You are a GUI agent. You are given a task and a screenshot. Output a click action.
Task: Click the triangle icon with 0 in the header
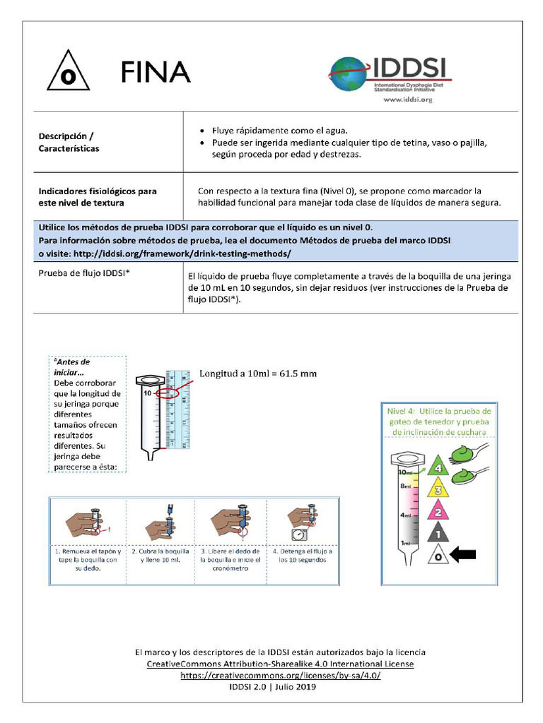point(68,73)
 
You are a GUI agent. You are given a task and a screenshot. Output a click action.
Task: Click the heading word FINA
point(155,71)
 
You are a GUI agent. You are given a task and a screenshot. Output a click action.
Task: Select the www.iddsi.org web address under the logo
point(407,100)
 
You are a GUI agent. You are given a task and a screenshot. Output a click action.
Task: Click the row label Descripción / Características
point(69,142)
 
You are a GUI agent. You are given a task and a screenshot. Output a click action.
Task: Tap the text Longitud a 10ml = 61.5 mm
point(257,374)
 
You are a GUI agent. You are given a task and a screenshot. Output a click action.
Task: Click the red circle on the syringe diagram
point(168,392)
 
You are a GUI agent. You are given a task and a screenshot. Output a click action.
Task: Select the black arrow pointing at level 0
point(464,556)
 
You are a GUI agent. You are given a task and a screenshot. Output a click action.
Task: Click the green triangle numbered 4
point(438,467)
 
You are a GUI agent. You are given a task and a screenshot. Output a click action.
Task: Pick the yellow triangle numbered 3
point(438,489)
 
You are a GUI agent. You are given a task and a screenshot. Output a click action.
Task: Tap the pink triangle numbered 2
point(438,511)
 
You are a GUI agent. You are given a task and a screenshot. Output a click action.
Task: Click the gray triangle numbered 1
point(438,534)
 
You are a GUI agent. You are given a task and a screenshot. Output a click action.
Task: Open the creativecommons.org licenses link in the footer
point(280,675)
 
